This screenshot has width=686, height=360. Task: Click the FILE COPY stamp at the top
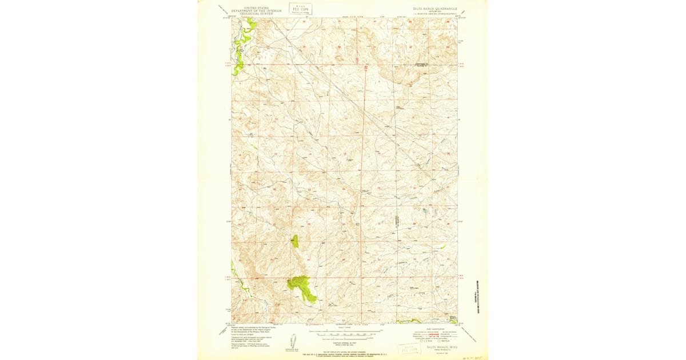[x=300, y=8]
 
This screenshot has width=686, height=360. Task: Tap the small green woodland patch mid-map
[x=294, y=241]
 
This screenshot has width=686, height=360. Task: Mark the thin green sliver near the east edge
[x=442, y=247]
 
